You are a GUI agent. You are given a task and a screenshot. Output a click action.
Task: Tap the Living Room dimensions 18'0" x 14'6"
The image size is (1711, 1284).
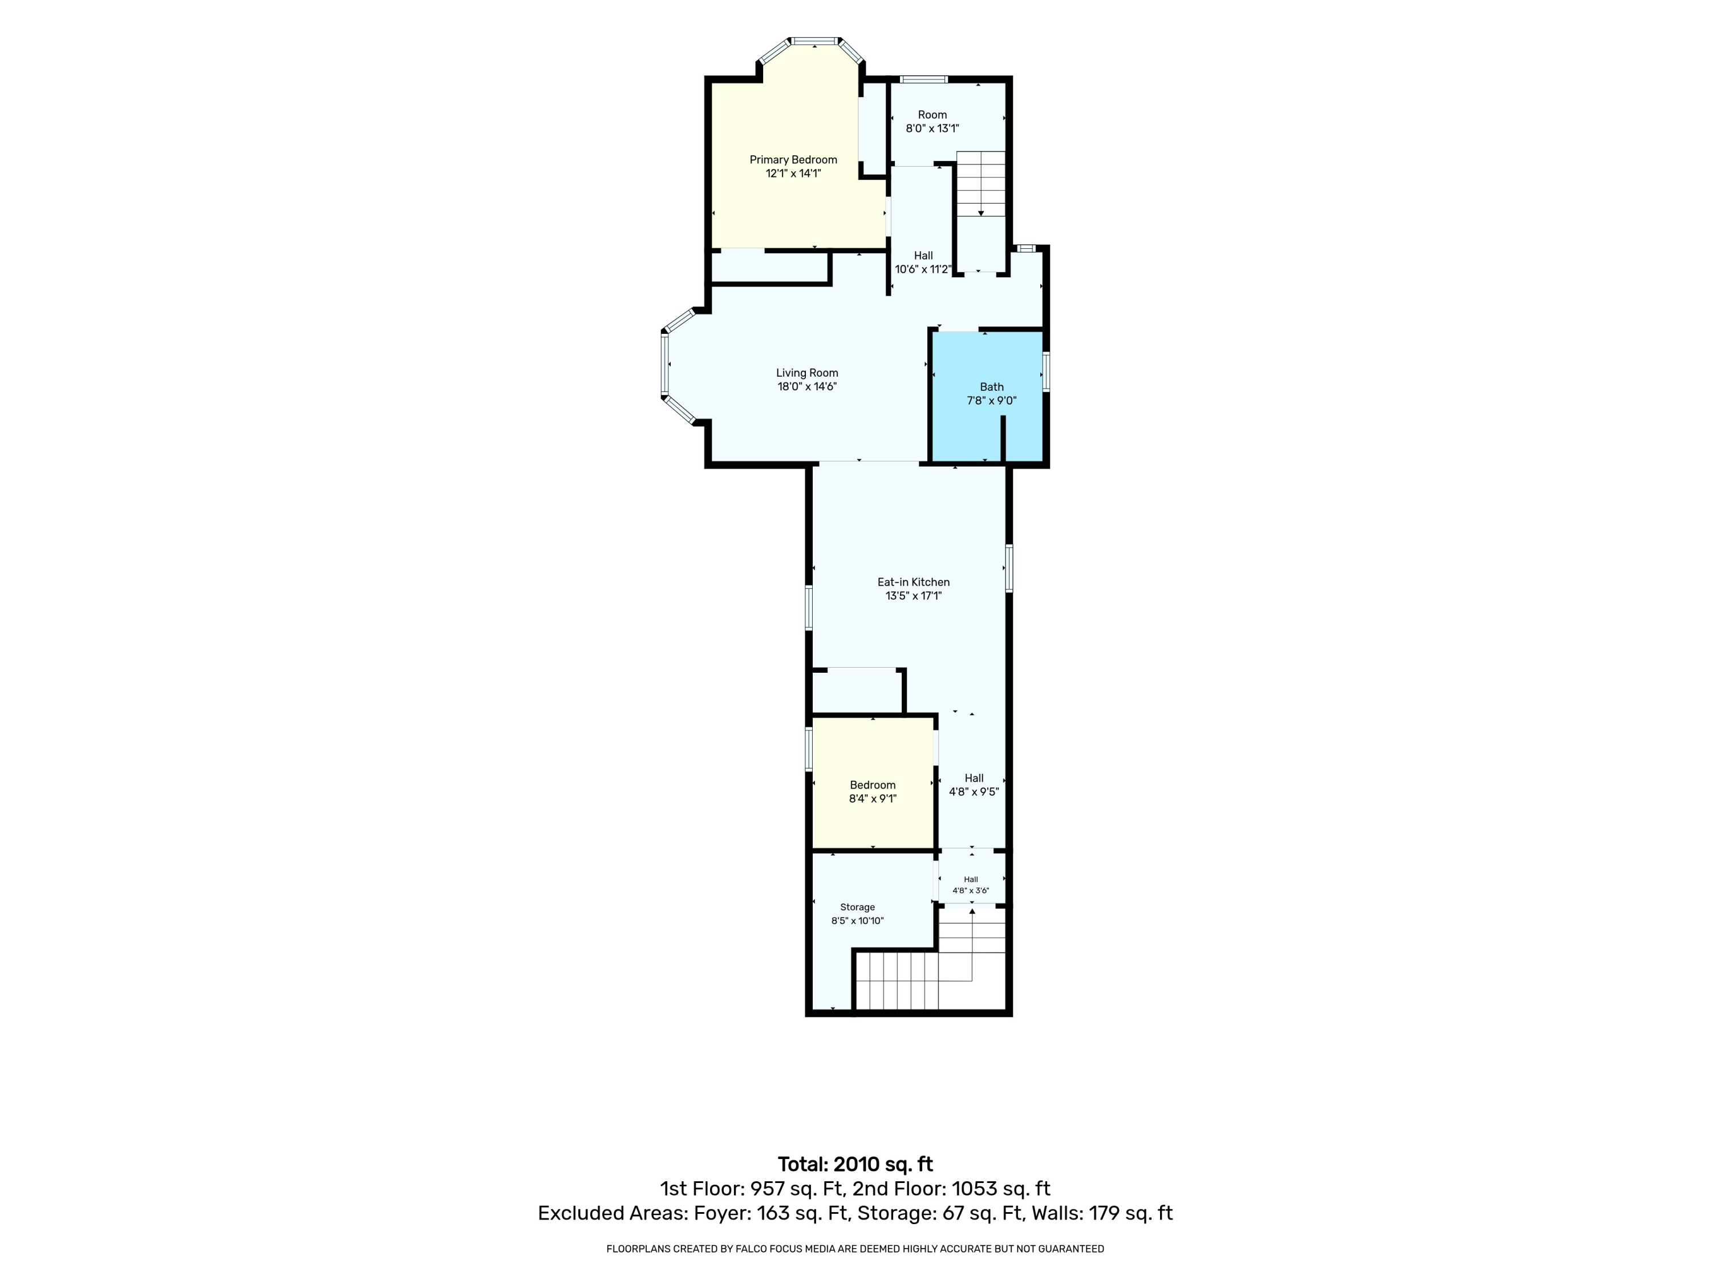807,386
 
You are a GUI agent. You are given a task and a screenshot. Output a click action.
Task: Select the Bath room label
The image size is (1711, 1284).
992,387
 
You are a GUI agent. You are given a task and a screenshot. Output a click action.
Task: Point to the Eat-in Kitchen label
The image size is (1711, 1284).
914,582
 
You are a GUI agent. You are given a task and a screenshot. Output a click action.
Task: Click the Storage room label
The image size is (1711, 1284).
857,907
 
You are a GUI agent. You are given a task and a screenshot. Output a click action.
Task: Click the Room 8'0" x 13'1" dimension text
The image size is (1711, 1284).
932,128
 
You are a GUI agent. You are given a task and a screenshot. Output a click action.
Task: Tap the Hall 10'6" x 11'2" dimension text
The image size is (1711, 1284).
923,269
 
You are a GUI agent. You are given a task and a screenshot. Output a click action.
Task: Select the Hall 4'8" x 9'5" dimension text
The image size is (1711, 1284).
974,792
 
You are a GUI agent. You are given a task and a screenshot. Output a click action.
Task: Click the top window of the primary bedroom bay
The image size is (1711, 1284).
814,41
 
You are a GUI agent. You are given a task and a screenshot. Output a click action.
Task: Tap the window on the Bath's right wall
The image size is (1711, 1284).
1046,372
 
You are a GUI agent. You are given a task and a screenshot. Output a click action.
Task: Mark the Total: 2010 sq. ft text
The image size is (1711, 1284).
855,1186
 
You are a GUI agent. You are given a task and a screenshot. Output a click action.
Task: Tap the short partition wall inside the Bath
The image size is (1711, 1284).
1003,439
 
